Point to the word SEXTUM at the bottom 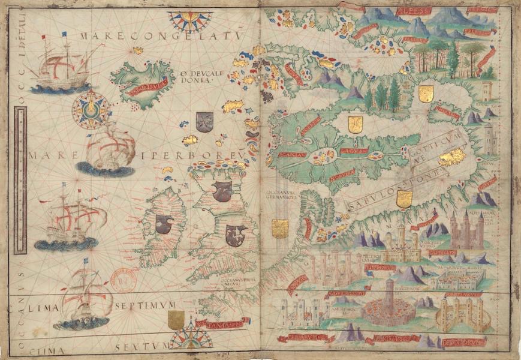pyautogui.click(x=140, y=346)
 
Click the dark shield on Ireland pyautogui.click(x=164, y=224)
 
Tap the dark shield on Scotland pyautogui.click(x=222, y=190)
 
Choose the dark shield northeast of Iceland pyautogui.click(x=204, y=122)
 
